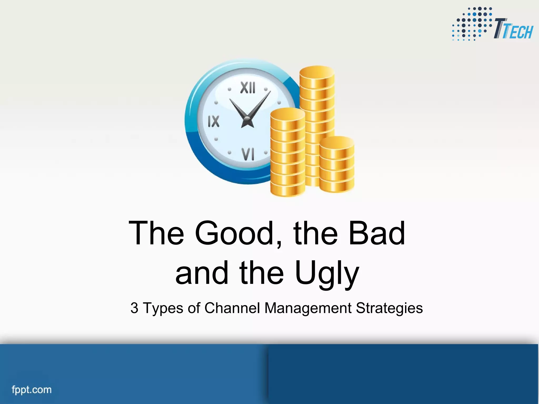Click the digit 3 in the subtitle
point(134,308)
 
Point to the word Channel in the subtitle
point(232,308)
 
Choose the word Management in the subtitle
point(308,308)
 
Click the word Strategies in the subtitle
point(389,308)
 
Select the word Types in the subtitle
point(163,308)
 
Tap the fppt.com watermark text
point(32,390)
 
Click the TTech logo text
point(513,29)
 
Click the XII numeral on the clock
point(248,88)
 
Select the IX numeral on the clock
point(213,122)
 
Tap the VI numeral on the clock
point(248,154)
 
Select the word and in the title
point(202,274)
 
